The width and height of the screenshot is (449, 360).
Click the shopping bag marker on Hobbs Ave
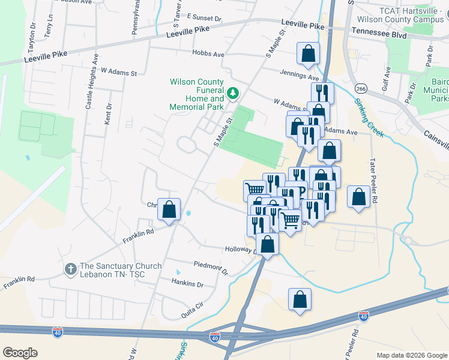(x=308, y=53)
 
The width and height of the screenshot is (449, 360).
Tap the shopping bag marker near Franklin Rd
(x=169, y=209)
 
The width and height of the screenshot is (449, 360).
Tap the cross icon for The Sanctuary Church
(x=70, y=269)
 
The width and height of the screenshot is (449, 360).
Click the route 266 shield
(x=361, y=88)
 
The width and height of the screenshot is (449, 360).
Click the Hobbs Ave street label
(x=208, y=53)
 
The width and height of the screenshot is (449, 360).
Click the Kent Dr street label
(x=108, y=114)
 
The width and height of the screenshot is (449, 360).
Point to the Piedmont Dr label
(x=211, y=268)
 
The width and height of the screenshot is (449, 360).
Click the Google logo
(x=20, y=353)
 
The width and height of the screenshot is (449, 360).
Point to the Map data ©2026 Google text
(x=411, y=355)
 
